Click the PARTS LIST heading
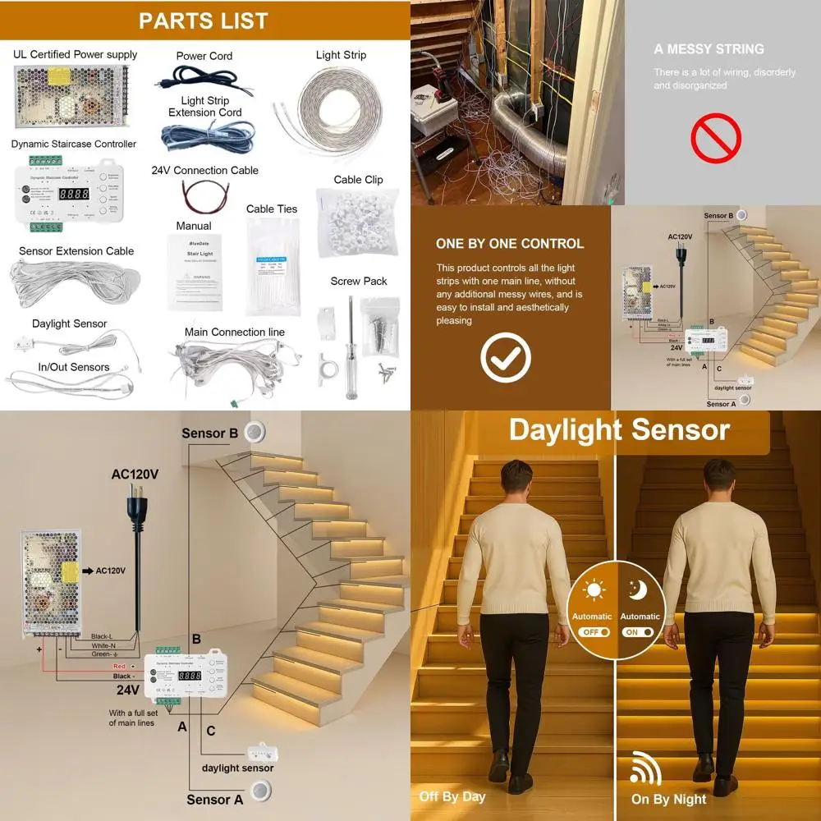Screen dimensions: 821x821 pyautogui.click(x=204, y=21)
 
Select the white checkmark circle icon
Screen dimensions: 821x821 pyautogui.click(x=506, y=357)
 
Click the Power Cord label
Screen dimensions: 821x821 pyautogui.click(x=204, y=56)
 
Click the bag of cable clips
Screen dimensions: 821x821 pyautogui.click(x=357, y=222)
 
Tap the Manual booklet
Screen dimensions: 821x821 pyautogui.click(x=195, y=273)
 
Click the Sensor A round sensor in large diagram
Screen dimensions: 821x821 pyautogui.click(x=263, y=791)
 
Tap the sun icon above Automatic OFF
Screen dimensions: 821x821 pyautogui.click(x=592, y=590)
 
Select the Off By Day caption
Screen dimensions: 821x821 pyautogui.click(x=452, y=796)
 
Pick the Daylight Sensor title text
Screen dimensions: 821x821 pyautogui.click(x=619, y=430)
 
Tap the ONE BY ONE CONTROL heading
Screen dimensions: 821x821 pyautogui.click(x=510, y=244)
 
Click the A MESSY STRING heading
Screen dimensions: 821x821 pyautogui.click(x=709, y=49)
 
